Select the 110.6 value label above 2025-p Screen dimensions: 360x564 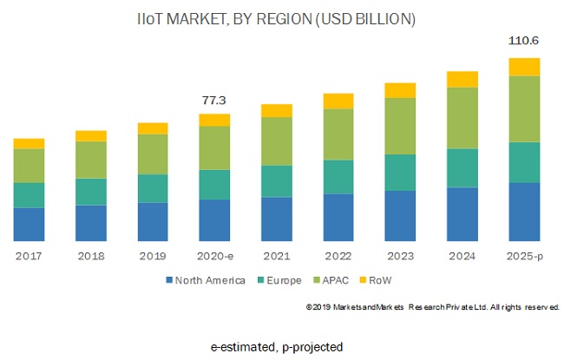point(524,40)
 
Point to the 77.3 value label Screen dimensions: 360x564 point(214,101)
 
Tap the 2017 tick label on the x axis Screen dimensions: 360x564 point(29,256)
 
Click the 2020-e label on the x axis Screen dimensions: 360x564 point(214,256)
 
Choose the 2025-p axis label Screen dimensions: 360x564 point(524,256)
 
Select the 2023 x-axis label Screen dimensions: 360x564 point(400,256)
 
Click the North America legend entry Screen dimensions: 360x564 point(204,280)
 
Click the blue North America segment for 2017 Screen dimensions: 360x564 point(29,224)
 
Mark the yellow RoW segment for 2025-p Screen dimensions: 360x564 point(524,67)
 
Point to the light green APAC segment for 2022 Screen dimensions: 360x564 point(338,134)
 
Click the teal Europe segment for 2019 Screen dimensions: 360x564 point(153,188)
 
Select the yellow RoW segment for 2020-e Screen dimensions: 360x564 point(214,120)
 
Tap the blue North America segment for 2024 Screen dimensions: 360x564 point(462,213)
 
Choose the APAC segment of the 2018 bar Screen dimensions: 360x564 point(91,160)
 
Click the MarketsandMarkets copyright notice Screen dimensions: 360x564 point(432,307)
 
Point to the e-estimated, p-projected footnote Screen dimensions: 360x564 point(277,347)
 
